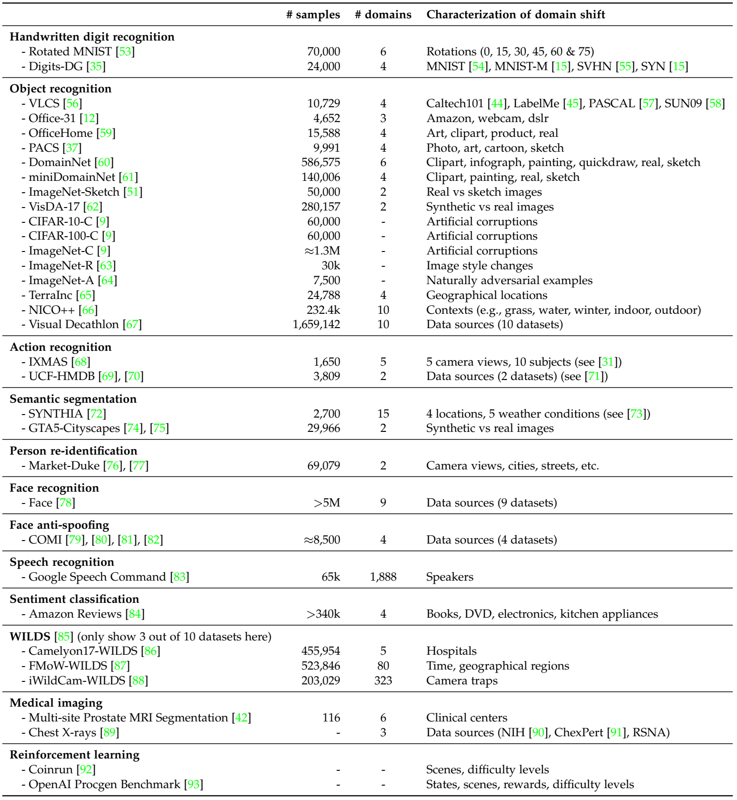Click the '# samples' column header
point(313,15)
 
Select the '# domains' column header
point(383,15)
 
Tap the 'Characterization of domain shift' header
point(515,15)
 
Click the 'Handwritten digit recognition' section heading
point(92,37)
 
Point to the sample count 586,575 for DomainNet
point(321,163)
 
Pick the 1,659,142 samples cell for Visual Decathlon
point(316,325)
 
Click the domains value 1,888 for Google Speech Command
point(383,577)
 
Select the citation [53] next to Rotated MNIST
point(125,52)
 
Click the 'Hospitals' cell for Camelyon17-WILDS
point(451,651)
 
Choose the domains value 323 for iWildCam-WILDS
point(383,681)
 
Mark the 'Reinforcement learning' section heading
point(75,755)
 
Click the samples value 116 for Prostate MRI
point(331,718)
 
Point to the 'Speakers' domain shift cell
point(450,577)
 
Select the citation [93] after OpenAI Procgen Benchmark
point(194,785)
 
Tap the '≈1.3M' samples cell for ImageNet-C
point(322,251)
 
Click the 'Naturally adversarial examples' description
point(509,281)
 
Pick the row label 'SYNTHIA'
point(56,414)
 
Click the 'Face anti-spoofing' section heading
point(59,525)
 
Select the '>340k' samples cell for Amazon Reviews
point(323,614)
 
